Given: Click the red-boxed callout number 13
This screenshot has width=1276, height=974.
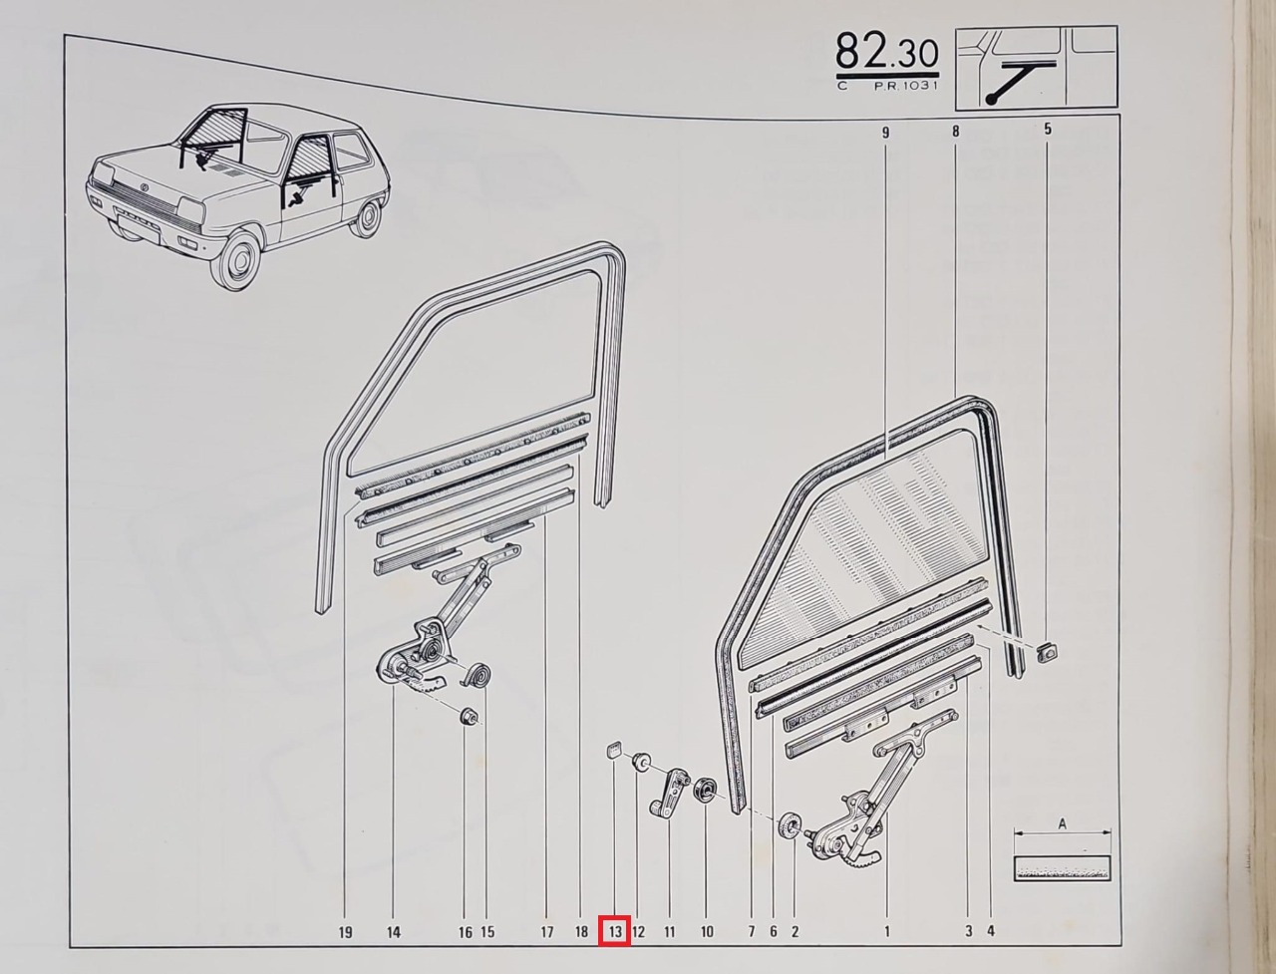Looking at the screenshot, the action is click(616, 932).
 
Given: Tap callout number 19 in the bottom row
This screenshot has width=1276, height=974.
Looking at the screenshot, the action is click(345, 933).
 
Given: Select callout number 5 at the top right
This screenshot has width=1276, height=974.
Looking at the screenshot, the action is click(1048, 129).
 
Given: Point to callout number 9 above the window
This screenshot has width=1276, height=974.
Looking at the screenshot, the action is click(885, 133).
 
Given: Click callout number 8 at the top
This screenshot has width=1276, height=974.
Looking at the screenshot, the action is click(955, 132).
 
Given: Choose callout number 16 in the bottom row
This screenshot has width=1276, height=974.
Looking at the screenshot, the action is click(466, 933).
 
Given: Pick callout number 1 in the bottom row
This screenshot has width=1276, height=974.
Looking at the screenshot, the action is click(887, 932).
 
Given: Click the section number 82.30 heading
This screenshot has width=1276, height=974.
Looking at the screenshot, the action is click(886, 52).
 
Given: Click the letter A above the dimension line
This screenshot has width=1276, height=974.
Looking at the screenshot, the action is click(1062, 824).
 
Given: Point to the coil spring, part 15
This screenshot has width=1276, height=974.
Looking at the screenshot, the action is click(478, 676).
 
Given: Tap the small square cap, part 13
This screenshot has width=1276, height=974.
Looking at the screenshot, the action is click(614, 749).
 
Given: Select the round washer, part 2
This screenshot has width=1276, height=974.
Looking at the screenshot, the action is click(790, 825).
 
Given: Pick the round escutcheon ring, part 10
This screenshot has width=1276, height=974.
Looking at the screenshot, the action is click(705, 790).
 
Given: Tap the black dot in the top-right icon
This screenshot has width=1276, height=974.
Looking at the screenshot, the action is click(990, 100).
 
